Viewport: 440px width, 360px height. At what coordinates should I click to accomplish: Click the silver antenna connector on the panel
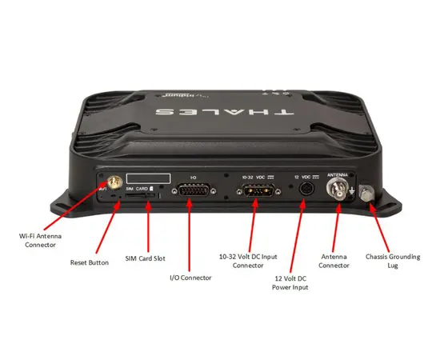pos(336,192)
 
